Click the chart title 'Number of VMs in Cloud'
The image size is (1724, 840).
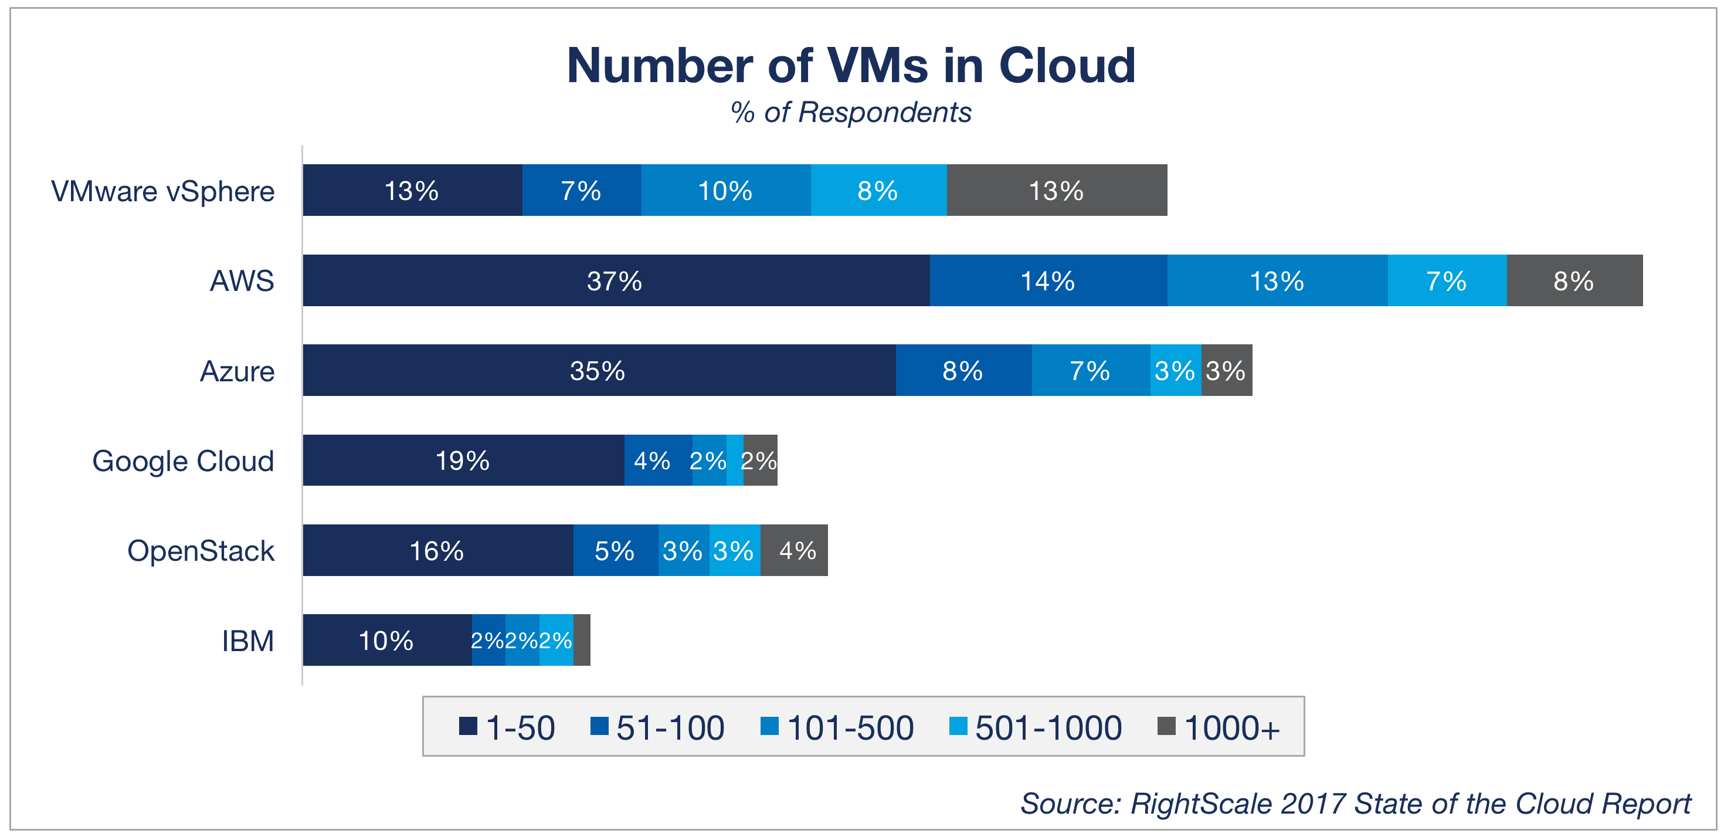tap(851, 66)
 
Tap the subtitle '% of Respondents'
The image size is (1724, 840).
tap(851, 113)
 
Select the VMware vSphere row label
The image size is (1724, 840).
tap(162, 191)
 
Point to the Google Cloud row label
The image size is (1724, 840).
tap(183, 461)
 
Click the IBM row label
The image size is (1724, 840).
tap(247, 641)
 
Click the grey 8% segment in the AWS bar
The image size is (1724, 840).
tap(1574, 280)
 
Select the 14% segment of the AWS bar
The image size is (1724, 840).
tap(1048, 280)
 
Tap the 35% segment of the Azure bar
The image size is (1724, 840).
tap(598, 370)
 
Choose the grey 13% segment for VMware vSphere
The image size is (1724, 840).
tap(1057, 191)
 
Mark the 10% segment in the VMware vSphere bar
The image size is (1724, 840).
tap(725, 191)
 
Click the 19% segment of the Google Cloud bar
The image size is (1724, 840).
tap(463, 460)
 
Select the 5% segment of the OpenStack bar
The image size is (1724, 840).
tap(615, 550)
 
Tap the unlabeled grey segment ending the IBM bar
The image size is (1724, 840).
tap(582, 640)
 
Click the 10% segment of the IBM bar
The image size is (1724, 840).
tap(387, 640)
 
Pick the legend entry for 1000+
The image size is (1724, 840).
tap(1219, 727)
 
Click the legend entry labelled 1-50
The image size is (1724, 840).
tap(507, 727)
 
